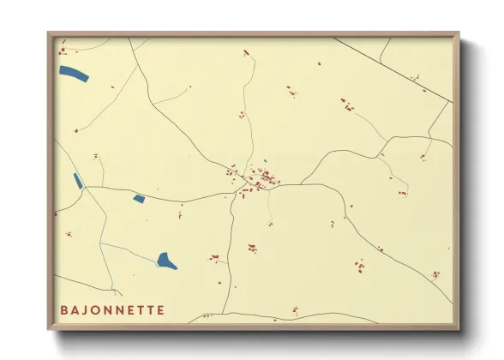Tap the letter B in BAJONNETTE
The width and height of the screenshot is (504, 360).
pos(64,309)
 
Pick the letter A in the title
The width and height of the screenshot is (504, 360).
pos(75,309)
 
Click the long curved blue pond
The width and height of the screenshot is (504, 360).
pos(74,75)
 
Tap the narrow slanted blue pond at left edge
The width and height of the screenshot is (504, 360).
pos(78,181)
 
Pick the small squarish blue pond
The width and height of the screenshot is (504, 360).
pos(139,199)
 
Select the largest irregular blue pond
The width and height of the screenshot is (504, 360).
pos(167,261)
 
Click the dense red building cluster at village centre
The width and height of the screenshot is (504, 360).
pos(267,178)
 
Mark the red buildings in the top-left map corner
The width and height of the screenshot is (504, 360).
pos(62,52)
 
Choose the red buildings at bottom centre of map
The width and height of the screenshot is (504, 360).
pos(294,309)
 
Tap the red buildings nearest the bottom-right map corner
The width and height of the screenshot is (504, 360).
pos(436,274)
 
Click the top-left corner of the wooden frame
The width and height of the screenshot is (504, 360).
pos(49,33)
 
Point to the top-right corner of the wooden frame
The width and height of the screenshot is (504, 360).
pos(458,33)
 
